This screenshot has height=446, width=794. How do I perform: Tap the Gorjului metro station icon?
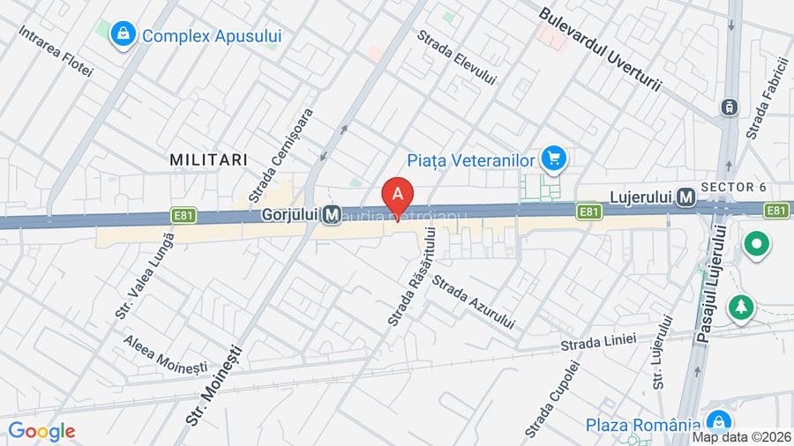(x=333, y=214)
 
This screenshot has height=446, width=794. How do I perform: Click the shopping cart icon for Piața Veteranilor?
(x=554, y=159)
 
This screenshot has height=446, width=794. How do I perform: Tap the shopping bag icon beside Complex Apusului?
(x=123, y=35)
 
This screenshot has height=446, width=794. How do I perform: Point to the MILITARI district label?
(x=208, y=159)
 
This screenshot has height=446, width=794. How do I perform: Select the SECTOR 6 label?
(x=734, y=187)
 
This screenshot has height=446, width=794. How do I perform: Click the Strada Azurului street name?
(x=473, y=304)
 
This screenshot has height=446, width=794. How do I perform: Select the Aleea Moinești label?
(x=165, y=353)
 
